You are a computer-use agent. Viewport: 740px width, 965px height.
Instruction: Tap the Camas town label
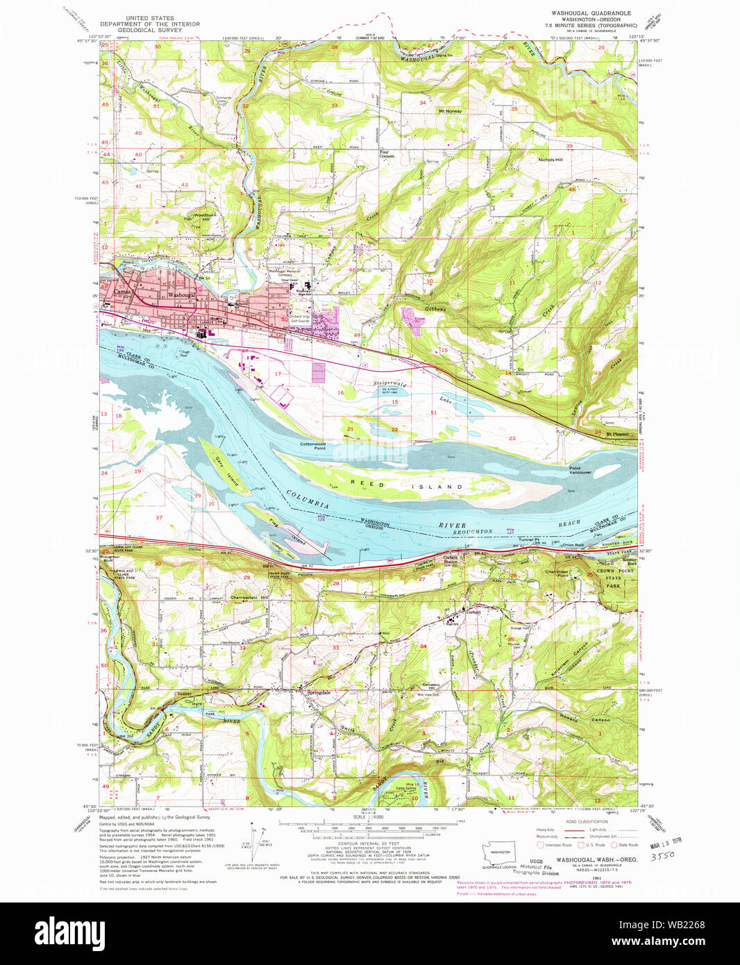click(122, 292)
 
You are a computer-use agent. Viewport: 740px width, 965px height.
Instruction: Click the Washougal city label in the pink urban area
click(181, 295)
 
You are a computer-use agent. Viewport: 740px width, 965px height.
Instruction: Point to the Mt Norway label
click(450, 111)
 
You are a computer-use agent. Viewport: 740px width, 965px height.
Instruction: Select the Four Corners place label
click(387, 154)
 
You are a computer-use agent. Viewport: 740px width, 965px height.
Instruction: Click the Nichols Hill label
click(550, 160)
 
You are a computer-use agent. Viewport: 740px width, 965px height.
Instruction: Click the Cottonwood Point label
click(313, 446)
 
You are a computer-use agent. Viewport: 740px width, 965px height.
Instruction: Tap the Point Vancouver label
click(580, 470)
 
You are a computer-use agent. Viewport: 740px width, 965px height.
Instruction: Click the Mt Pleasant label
click(617, 435)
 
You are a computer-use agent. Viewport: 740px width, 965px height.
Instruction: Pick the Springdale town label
click(319, 693)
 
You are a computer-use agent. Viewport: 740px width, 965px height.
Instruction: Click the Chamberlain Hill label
click(249, 597)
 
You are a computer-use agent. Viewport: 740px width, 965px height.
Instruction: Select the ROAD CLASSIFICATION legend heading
click(587, 821)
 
